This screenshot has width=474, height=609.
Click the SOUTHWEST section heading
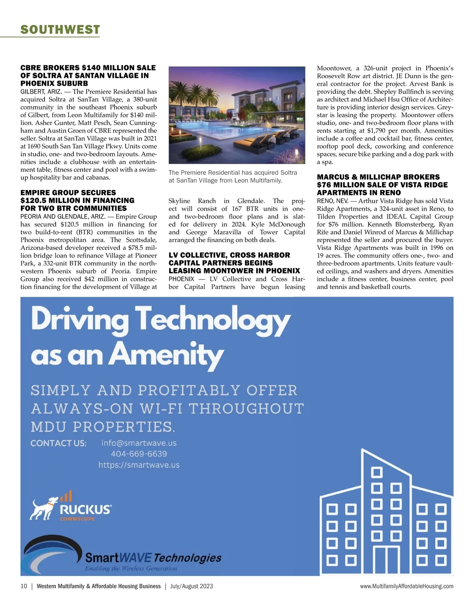pyautogui.click(x=60, y=30)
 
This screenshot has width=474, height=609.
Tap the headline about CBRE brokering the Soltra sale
pyautogui.click(x=88, y=75)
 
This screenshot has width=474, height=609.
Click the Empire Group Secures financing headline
pyautogui.click(x=77, y=200)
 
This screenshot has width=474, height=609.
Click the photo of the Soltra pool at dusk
pyautogui.click(x=237, y=115)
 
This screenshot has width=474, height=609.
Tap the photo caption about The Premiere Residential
pyautogui.click(x=233, y=176)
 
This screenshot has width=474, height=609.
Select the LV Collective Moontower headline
pyautogui.click(x=234, y=263)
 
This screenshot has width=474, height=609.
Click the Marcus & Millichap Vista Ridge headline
pyautogui.click(x=382, y=185)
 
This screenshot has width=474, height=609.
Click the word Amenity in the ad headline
pyautogui.click(x=166, y=354)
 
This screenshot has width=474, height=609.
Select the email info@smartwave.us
pyautogui.click(x=139, y=443)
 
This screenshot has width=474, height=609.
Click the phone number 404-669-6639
pyautogui.click(x=139, y=454)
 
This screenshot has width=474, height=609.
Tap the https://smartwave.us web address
pyautogui.click(x=139, y=465)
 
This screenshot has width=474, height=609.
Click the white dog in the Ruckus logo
pyautogui.click(x=43, y=509)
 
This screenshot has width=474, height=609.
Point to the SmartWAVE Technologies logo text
pyautogui.click(x=153, y=558)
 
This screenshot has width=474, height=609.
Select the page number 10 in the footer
pyautogui.click(x=24, y=586)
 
